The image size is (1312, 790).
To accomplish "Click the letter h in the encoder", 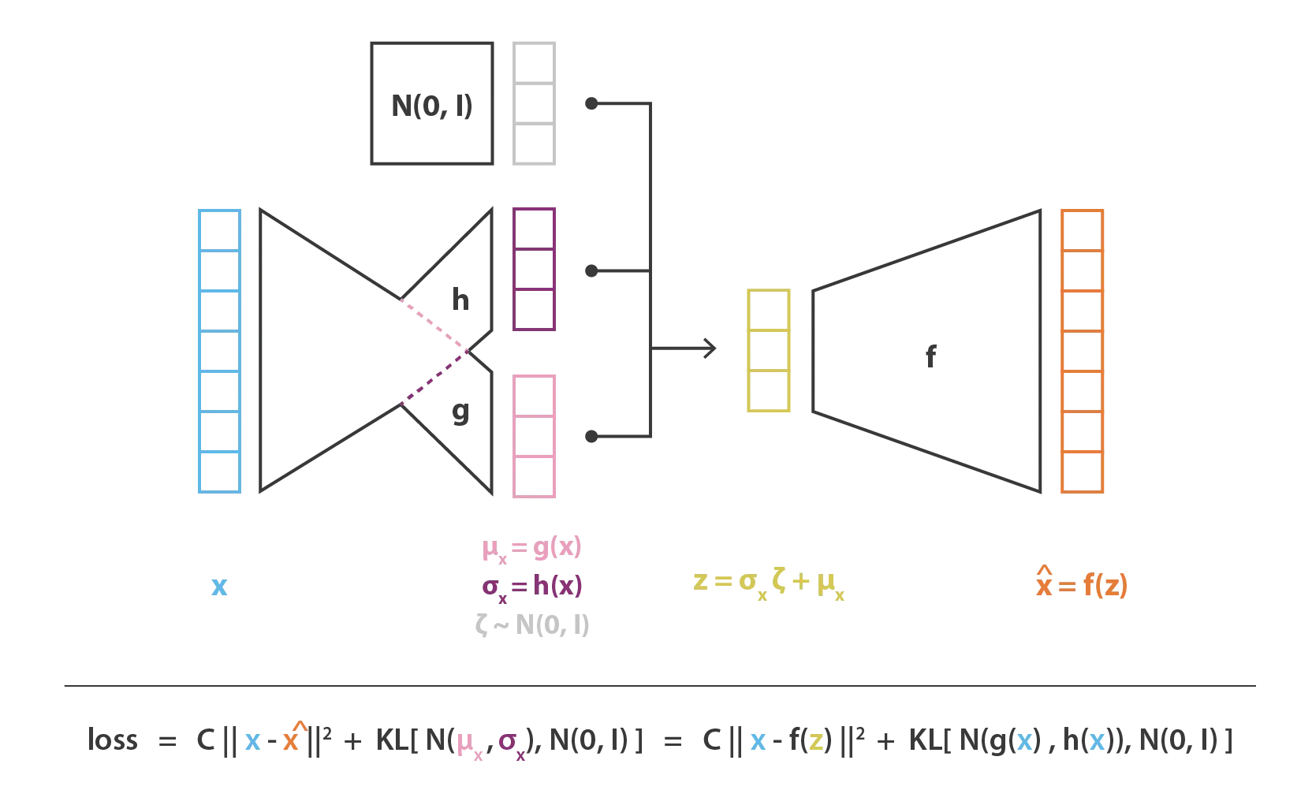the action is (460, 300).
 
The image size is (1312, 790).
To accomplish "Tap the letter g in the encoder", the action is (460, 412).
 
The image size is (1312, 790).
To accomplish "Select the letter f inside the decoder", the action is (930, 356).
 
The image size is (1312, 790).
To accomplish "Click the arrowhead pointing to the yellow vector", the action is (710, 348).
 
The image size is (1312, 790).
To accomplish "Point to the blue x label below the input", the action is (219, 586).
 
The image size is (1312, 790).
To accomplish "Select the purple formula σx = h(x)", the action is (532, 587).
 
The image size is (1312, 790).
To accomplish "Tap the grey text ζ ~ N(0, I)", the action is (532, 625).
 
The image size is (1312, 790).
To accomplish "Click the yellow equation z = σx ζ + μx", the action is (769, 584).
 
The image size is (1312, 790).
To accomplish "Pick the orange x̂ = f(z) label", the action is (1082, 583).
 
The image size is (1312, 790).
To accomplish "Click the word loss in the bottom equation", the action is (113, 740).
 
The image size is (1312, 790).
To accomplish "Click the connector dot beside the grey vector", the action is (591, 103).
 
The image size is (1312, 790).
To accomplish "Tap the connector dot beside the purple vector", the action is (591, 270).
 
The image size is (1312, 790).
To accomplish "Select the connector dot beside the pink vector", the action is (591, 436).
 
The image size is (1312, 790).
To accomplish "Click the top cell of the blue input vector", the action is (220, 230).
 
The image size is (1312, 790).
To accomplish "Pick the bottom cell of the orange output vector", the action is (1083, 472).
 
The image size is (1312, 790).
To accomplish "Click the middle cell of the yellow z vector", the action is (769, 350).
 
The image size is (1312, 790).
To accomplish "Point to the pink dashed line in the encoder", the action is (434, 325).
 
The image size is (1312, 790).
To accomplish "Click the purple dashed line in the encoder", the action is (434, 378).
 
